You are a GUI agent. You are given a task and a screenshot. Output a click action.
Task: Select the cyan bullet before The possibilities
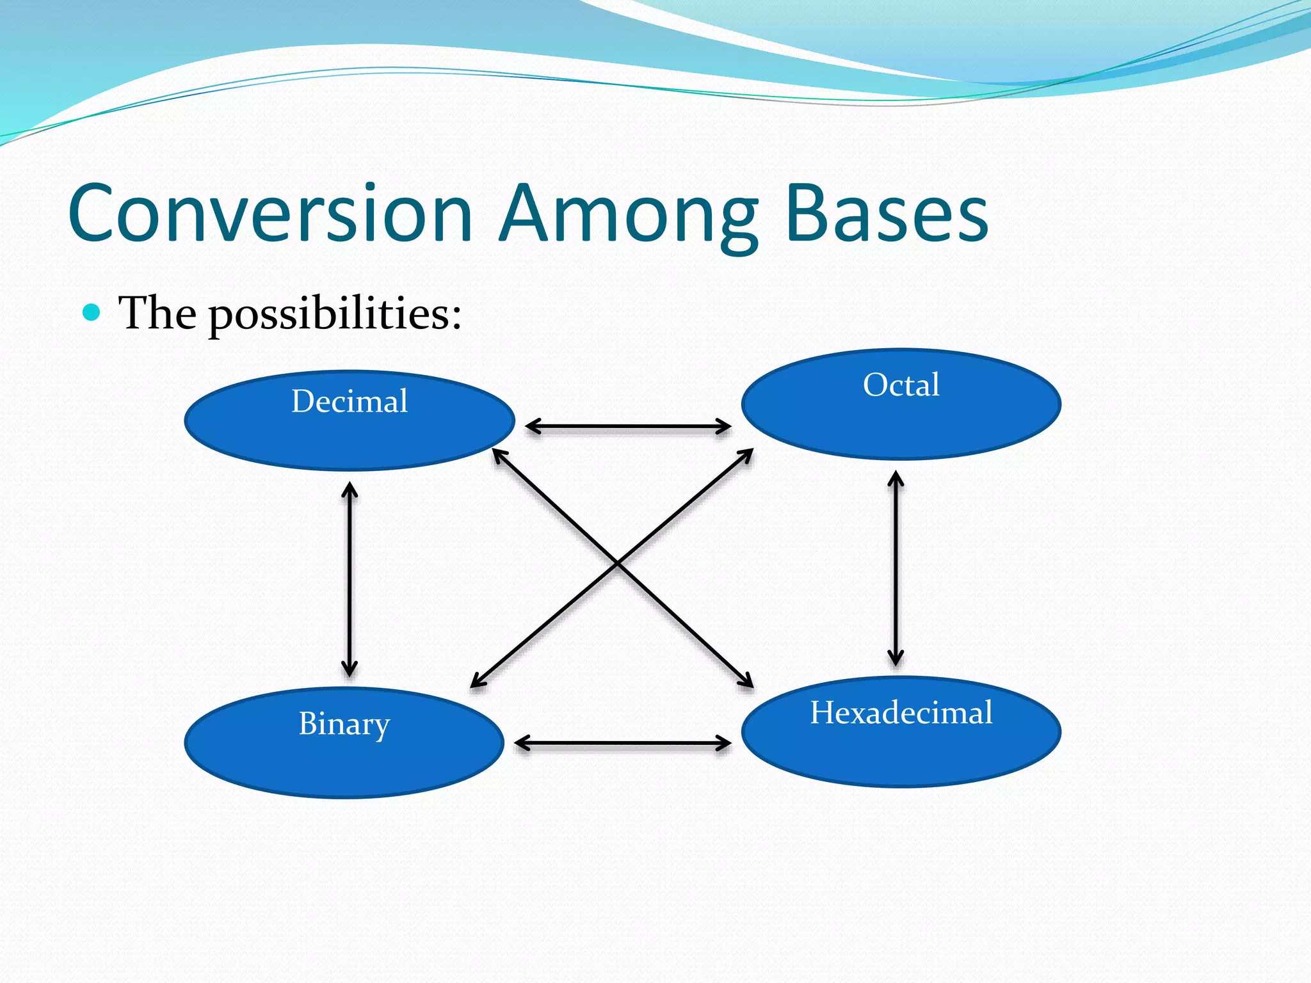[x=92, y=313]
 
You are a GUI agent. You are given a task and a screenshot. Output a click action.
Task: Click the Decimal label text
[x=350, y=401]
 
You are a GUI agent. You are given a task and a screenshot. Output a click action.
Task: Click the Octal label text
[x=901, y=385]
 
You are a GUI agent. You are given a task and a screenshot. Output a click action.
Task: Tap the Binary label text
[x=344, y=724]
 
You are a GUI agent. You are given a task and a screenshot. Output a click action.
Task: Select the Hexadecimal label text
[x=901, y=712]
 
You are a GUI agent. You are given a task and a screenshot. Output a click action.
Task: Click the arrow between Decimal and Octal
[x=628, y=426]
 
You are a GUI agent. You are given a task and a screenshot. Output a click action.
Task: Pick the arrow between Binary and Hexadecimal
[x=622, y=743]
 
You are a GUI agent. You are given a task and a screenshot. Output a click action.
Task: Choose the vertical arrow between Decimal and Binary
[x=350, y=579]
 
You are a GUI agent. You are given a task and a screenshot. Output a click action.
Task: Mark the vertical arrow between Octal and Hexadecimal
[x=896, y=568]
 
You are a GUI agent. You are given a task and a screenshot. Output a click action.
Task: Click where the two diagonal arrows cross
[x=617, y=563]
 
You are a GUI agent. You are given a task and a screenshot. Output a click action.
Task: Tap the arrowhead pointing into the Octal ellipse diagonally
[x=746, y=454]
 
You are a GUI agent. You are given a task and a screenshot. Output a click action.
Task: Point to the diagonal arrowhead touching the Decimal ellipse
[x=499, y=455]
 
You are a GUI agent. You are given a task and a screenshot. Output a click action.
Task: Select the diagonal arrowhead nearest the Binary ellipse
[x=478, y=682]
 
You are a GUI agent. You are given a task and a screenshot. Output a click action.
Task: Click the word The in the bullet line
[x=157, y=314]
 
